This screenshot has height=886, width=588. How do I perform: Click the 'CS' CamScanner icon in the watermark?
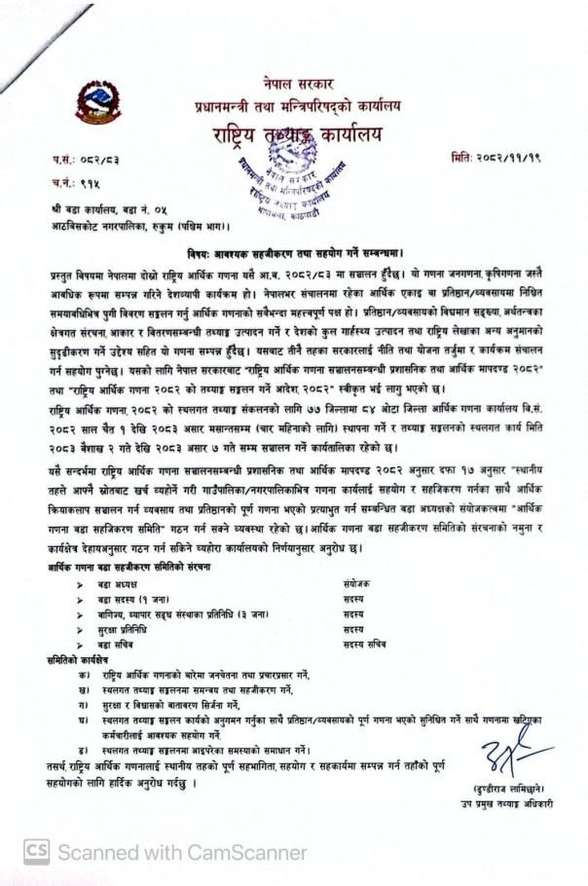(x=36, y=852)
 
